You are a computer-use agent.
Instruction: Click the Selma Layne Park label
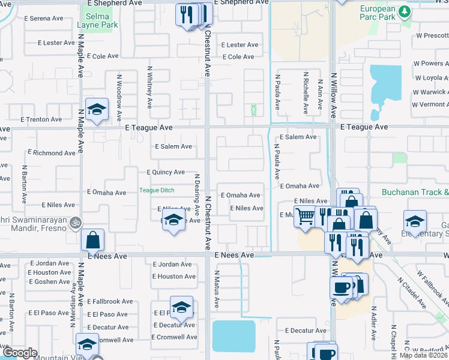97,20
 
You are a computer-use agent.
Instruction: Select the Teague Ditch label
157,190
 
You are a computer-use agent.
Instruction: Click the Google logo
19,353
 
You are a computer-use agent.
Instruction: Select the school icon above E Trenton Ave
96,110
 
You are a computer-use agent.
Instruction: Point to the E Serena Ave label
43,19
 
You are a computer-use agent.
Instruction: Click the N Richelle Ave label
306,92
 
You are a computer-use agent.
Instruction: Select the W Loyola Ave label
431,78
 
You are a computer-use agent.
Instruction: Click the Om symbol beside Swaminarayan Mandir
75,222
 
